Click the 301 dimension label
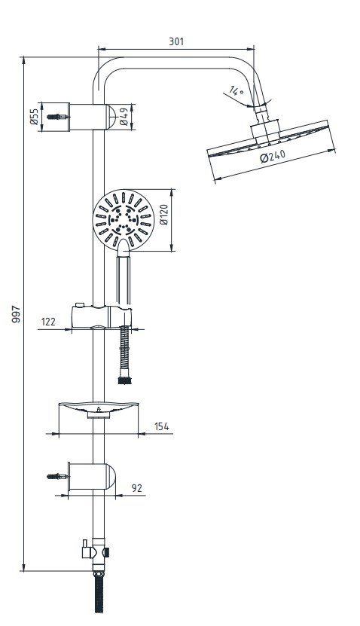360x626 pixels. [176, 41]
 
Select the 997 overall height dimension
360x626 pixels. [16, 314]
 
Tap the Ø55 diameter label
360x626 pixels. [35, 117]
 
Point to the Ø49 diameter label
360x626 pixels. [124, 117]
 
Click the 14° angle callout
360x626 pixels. [236, 91]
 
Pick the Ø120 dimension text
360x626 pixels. [164, 215]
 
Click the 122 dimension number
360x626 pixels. [48, 322]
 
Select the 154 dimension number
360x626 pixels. [162, 426]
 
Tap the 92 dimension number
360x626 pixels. [137, 488]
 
